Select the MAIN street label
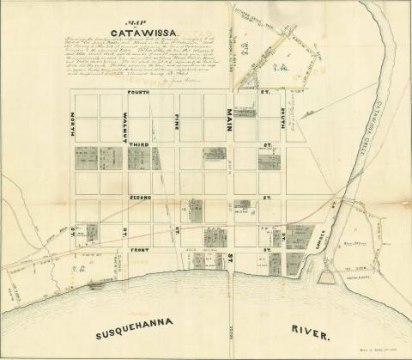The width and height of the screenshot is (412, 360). (230, 125)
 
